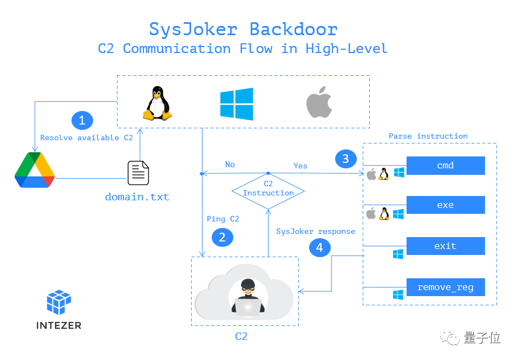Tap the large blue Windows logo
point(237,104)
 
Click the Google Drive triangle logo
point(35,170)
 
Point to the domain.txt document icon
point(138,173)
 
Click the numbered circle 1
point(82,120)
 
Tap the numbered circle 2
point(222,237)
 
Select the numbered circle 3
point(345,159)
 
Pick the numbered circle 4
point(319,247)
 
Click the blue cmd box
point(445,166)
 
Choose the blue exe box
point(445,205)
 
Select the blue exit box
point(445,246)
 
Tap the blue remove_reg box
point(445,287)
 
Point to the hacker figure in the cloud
point(248,297)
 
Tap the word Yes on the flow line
point(300,166)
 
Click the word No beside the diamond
point(230,165)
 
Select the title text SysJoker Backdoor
point(243,29)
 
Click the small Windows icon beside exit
point(398,254)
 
